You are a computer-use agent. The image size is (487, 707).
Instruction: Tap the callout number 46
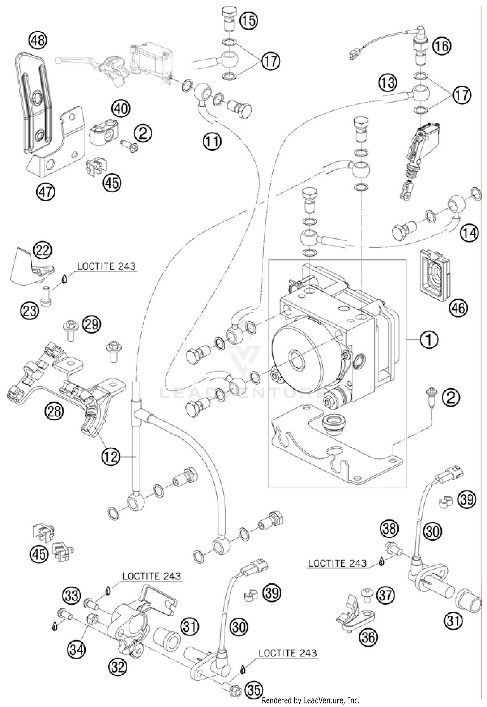click(458, 308)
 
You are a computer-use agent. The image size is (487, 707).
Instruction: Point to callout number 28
click(55, 412)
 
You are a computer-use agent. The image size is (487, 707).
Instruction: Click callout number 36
click(368, 638)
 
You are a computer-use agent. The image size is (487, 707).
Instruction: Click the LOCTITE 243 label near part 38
click(337, 563)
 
